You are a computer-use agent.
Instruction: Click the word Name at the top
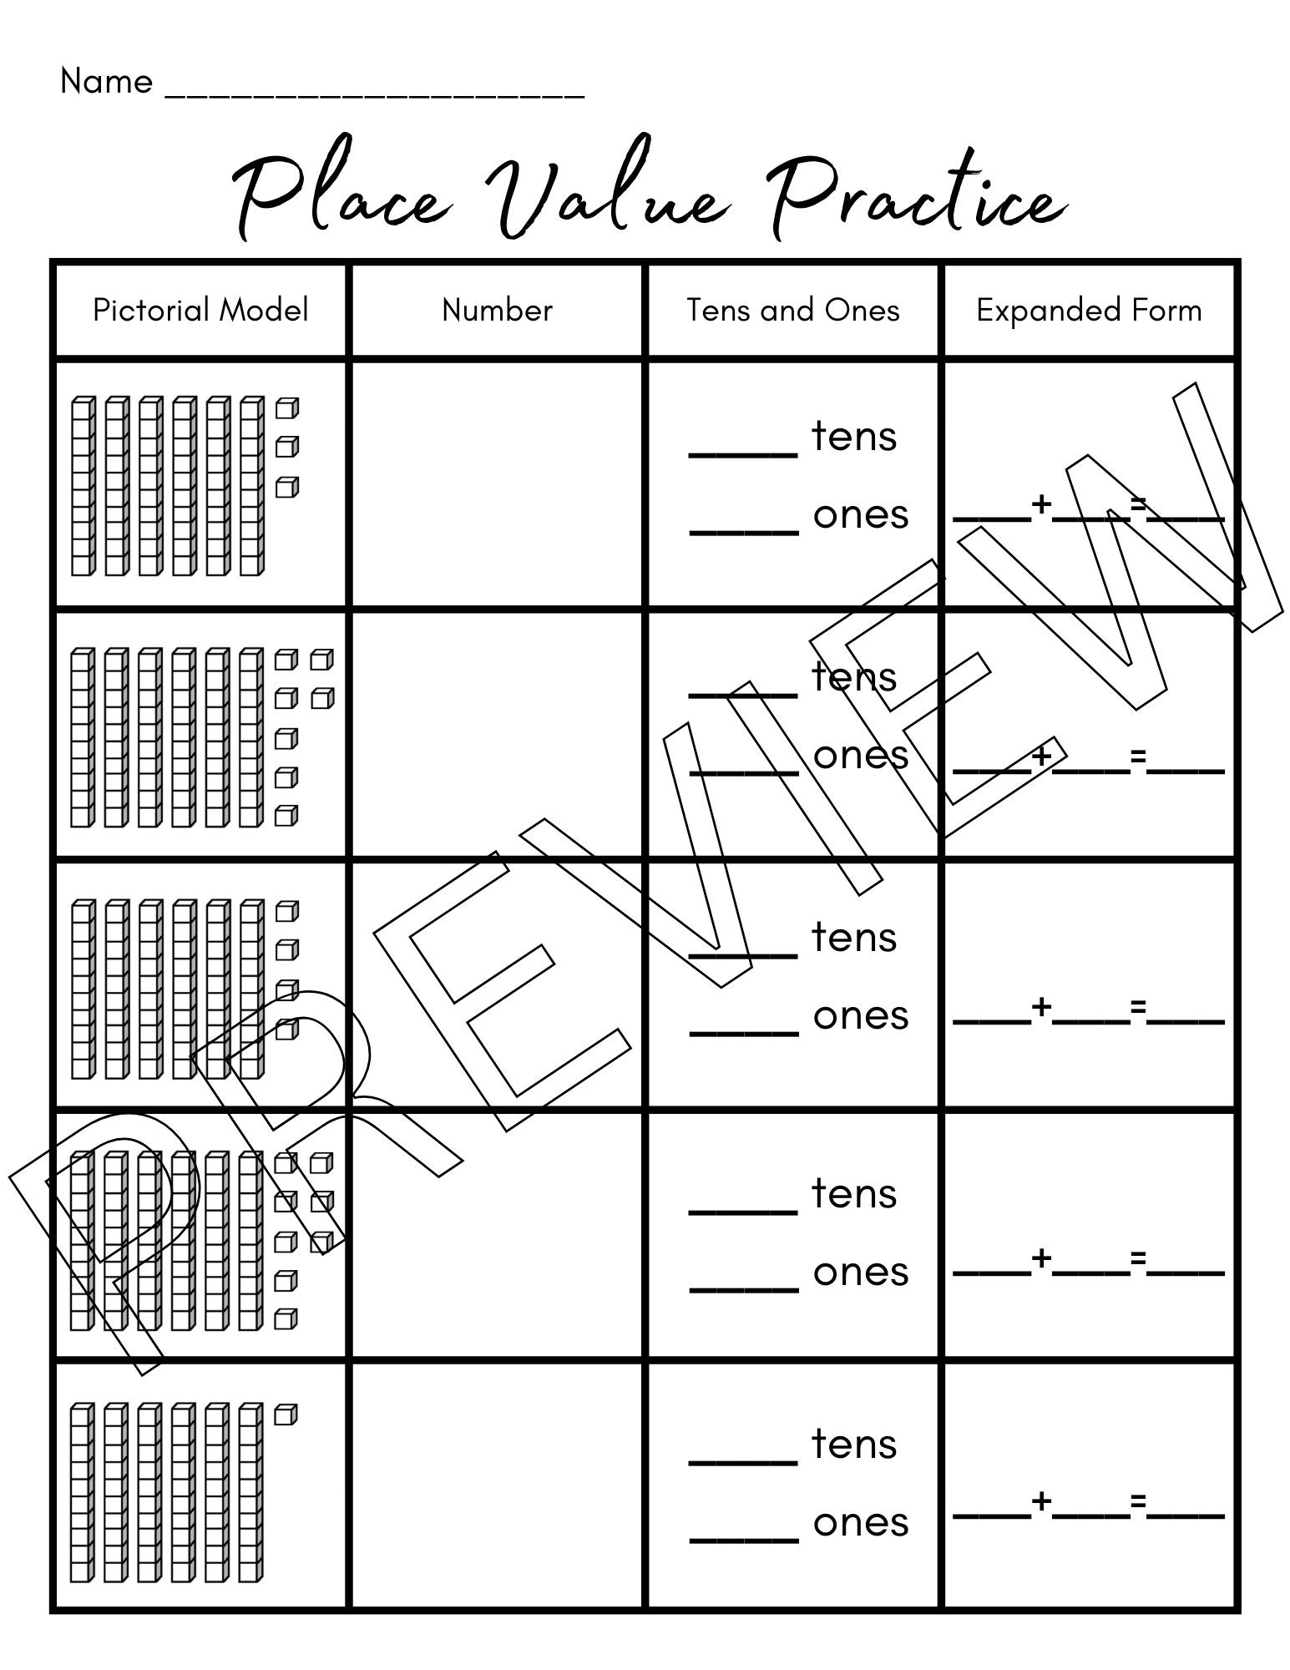coord(106,82)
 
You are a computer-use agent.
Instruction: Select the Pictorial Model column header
coord(200,310)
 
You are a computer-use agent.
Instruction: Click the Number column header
coord(497,310)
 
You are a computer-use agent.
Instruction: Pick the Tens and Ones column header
coord(793,310)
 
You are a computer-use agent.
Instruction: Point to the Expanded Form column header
coord(1089,310)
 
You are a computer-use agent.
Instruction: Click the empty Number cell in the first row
coord(497,484)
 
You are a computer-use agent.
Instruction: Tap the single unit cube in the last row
coord(286,1414)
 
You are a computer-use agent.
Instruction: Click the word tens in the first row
coord(854,436)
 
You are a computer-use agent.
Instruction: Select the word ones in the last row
coord(861,1522)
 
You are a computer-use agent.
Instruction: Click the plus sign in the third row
coord(1041,1007)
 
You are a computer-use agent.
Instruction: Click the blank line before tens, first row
coord(743,453)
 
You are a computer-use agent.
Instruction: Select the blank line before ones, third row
coord(743,1032)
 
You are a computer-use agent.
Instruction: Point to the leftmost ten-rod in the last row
coord(80,1492)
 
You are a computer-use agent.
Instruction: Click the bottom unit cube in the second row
coord(286,815)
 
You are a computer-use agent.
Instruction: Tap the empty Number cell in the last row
coord(497,1486)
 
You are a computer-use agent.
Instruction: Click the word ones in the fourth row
coord(861,1272)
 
